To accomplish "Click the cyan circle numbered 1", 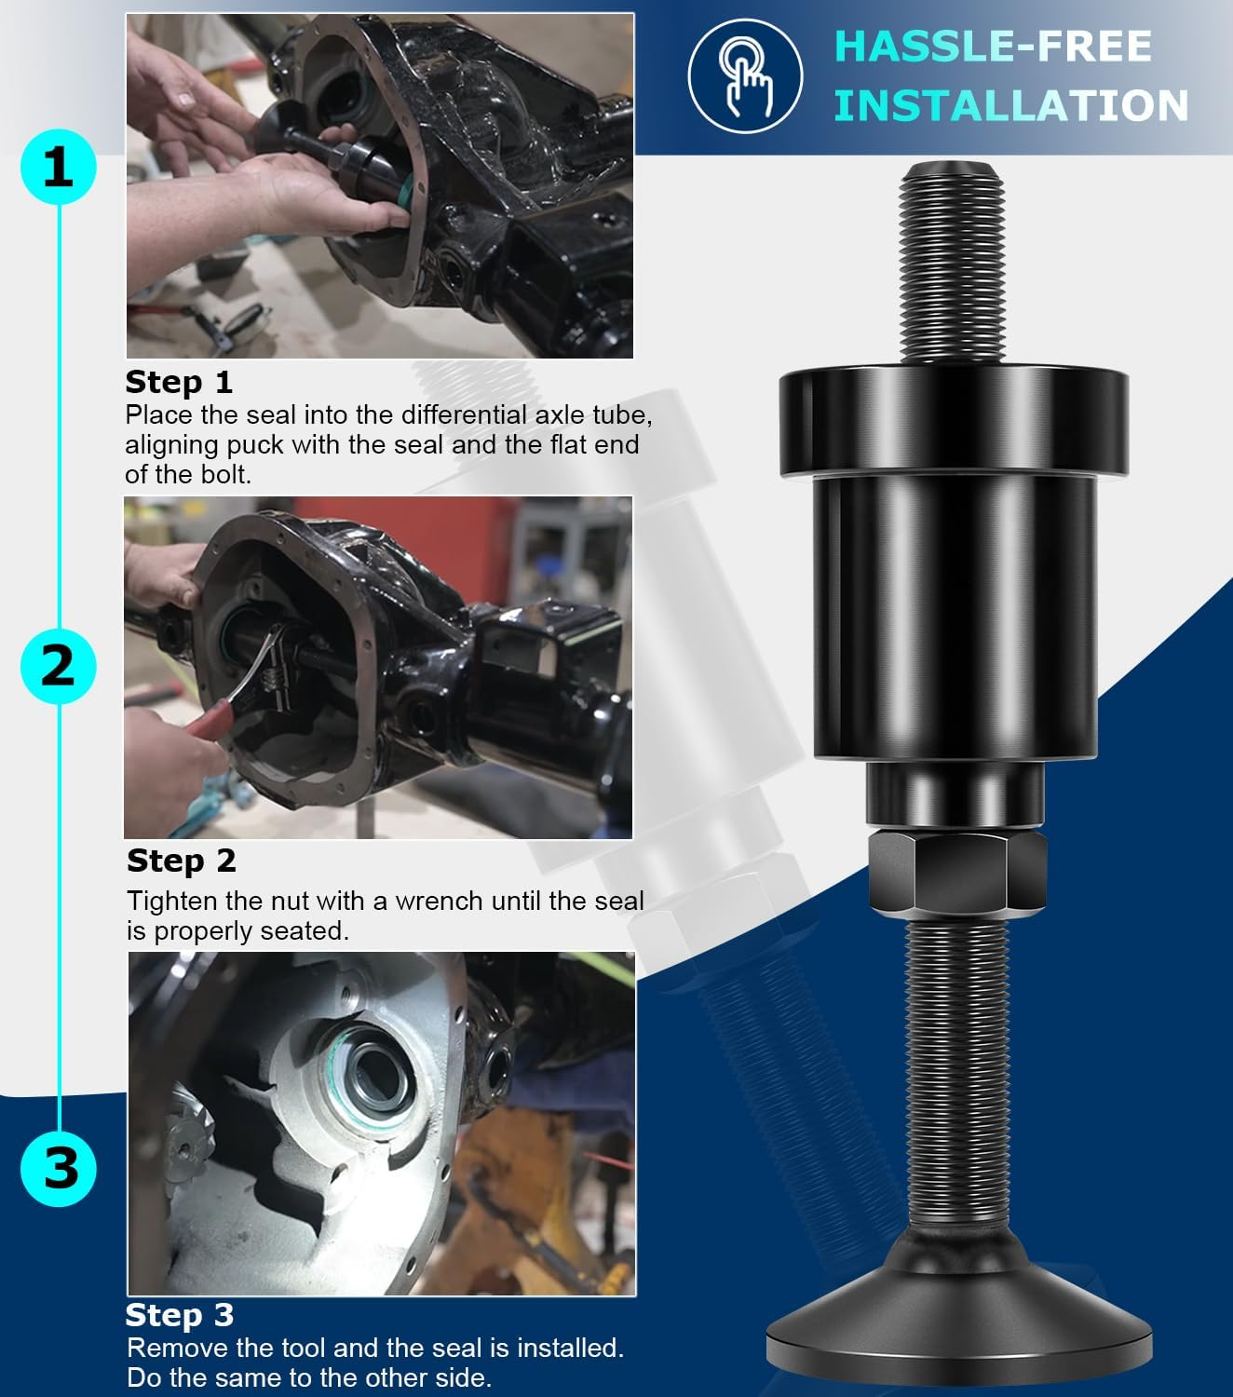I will point(58,168).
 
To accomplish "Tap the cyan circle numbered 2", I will point(58,667).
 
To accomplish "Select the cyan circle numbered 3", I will point(60,1167).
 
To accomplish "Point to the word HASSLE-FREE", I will point(992,47).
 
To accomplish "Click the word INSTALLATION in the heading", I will point(1010,105).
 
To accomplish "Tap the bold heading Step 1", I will point(179,382).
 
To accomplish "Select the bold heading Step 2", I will point(181,861).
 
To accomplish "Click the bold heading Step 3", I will point(179,1315).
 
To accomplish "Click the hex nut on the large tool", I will point(957,871).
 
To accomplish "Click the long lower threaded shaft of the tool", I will point(955,1071).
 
